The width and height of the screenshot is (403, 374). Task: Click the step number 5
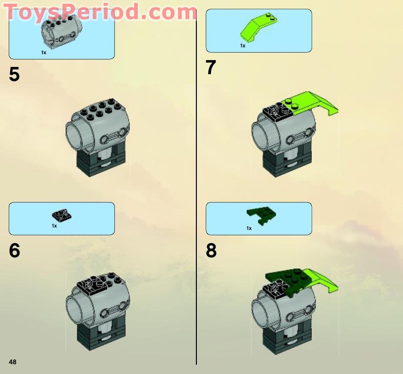[x=15, y=75]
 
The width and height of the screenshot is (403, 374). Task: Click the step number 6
[x=15, y=250]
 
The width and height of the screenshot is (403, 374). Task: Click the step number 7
[x=211, y=68]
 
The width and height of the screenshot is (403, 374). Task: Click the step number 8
[x=211, y=250]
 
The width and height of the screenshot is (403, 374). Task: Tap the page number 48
[x=13, y=362]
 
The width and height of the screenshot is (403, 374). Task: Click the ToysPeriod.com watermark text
[x=100, y=12]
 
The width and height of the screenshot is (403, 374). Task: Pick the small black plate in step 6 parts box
[x=62, y=215]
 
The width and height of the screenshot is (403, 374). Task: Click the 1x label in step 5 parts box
[x=43, y=52]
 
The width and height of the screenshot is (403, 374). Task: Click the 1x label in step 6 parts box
[x=54, y=226]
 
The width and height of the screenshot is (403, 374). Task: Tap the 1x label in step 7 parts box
[x=242, y=45]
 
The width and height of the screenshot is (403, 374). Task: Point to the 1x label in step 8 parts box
[x=249, y=228]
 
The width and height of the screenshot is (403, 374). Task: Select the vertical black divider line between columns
[x=196, y=195]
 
